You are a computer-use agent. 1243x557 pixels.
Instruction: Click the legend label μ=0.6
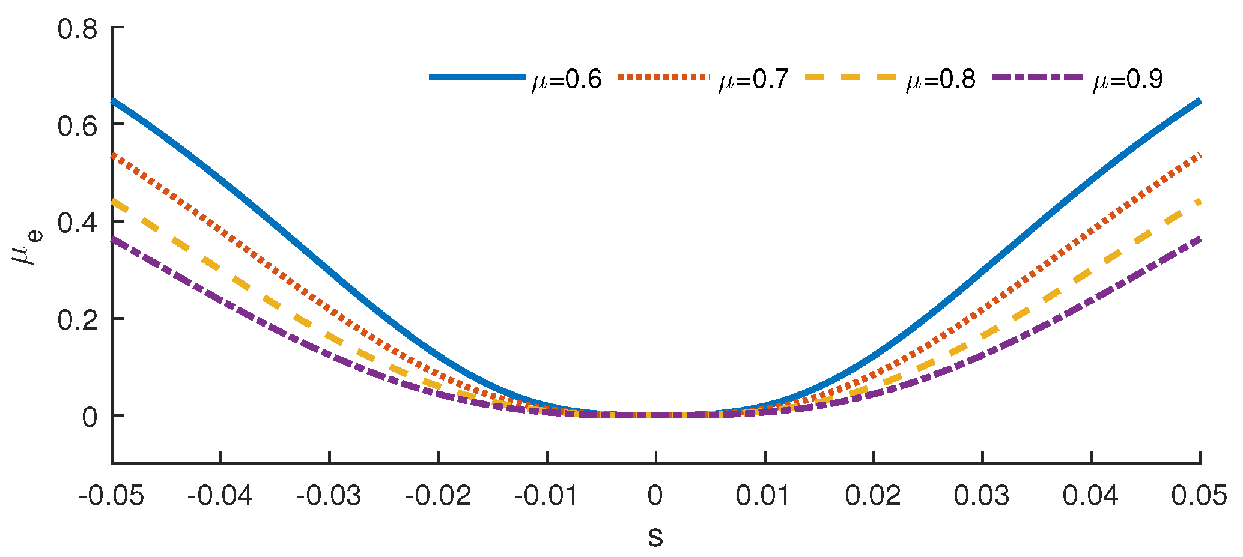click(x=567, y=80)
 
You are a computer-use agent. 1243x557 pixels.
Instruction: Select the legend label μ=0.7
click(x=753, y=80)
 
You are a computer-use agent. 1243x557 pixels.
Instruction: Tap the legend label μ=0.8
click(x=941, y=80)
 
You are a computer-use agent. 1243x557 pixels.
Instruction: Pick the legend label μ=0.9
click(x=1128, y=80)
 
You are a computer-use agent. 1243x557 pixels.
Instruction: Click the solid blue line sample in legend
click(x=478, y=77)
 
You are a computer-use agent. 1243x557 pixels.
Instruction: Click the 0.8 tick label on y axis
click(x=77, y=29)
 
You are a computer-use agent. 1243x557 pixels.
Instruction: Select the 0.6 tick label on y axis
click(x=77, y=125)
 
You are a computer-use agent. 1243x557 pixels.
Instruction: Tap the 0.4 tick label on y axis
click(x=77, y=223)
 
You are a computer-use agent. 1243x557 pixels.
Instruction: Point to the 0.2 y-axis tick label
click(x=77, y=320)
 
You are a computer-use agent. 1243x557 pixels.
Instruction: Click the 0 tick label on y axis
click(x=90, y=417)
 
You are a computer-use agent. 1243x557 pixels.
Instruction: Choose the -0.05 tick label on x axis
click(x=112, y=496)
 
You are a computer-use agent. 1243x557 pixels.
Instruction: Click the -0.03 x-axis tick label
click(x=329, y=496)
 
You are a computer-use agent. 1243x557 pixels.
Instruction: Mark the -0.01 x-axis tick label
click(x=547, y=496)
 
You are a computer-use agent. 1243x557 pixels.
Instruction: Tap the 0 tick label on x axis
click(x=655, y=496)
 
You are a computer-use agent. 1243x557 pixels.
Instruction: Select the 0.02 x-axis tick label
click(x=873, y=496)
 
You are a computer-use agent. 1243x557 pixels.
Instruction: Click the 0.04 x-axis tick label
click(x=1090, y=496)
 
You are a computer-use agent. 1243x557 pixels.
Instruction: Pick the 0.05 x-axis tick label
click(x=1199, y=496)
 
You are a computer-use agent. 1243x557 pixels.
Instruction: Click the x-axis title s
click(x=655, y=536)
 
